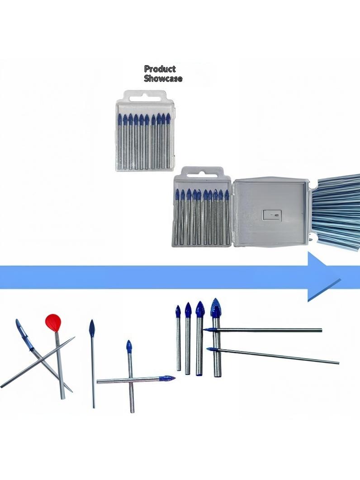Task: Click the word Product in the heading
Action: coord(160,69)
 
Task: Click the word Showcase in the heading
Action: coord(163,78)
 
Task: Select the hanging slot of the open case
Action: coord(202,175)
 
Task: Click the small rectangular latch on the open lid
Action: coord(274,215)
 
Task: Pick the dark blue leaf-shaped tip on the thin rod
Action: coord(91,329)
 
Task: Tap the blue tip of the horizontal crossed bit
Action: coord(168,379)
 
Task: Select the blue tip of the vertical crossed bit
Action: coord(129,346)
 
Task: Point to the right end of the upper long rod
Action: coord(322,330)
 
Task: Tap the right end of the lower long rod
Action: coord(338,363)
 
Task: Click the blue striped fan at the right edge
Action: coord(336,212)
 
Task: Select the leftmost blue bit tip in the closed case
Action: coord(120,119)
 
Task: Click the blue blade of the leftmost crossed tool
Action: coord(22,333)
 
